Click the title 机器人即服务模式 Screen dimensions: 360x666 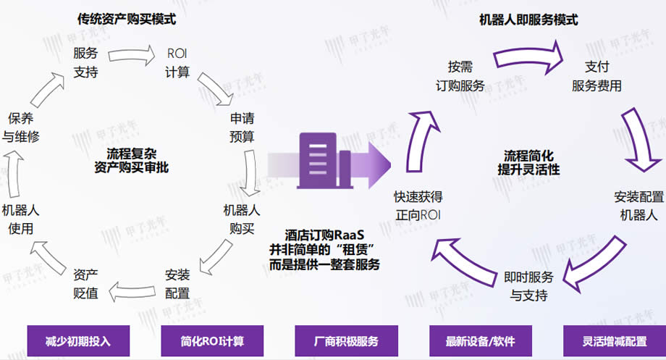click(528, 20)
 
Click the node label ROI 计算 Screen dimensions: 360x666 click(177, 62)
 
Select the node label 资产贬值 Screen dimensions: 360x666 click(86, 284)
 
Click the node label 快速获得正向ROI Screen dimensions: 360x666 click(418, 206)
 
